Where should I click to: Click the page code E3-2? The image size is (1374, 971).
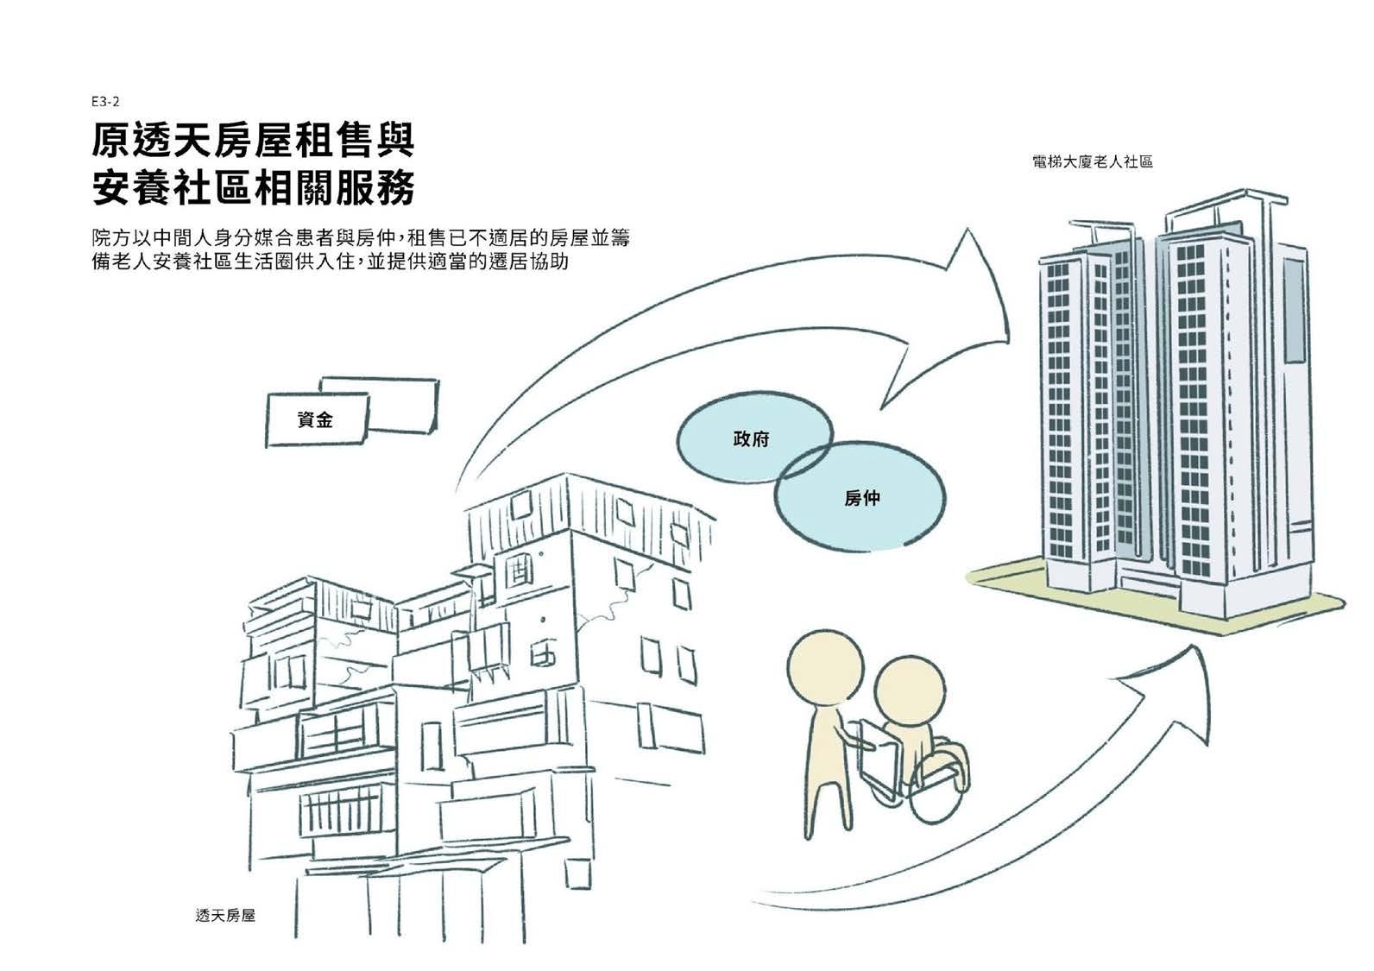point(104,102)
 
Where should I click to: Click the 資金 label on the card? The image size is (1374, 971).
point(314,420)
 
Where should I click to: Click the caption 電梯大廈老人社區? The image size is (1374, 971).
point(1092,161)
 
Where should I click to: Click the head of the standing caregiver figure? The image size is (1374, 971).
point(820,665)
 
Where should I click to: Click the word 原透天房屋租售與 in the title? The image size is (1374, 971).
point(253,141)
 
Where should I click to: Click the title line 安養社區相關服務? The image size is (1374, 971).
point(253,188)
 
